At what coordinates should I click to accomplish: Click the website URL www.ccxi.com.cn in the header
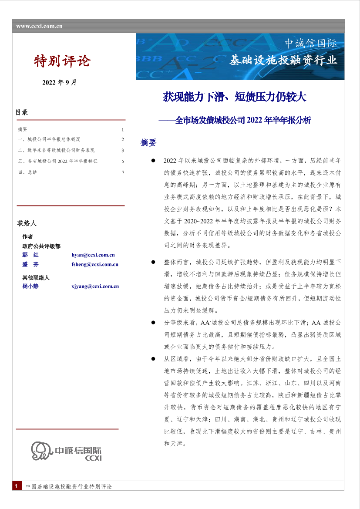tap(39, 26)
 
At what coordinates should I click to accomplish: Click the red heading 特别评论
tap(62, 61)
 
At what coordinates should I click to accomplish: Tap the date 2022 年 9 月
tap(59, 83)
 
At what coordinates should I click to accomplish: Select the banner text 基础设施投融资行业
tap(283, 60)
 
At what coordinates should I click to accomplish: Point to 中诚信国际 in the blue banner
tap(310, 44)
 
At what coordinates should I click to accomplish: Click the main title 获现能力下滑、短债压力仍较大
tap(235, 97)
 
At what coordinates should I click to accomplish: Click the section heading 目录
tap(22, 112)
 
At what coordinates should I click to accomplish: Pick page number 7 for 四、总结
tap(123, 172)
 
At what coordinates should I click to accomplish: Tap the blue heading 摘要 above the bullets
tap(148, 143)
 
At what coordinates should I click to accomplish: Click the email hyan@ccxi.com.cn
tap(93, 255)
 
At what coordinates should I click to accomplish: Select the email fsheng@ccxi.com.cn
tap(95, 264)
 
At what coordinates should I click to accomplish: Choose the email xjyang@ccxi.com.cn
tap(95, 287)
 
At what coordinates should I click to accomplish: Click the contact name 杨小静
tap(30, 287)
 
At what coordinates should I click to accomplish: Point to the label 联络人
tap(27, 223)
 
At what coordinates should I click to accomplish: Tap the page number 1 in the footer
tap(16, 486)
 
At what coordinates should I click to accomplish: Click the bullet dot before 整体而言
tap(153, 263)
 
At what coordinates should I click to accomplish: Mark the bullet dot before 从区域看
tap(153, 359)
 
